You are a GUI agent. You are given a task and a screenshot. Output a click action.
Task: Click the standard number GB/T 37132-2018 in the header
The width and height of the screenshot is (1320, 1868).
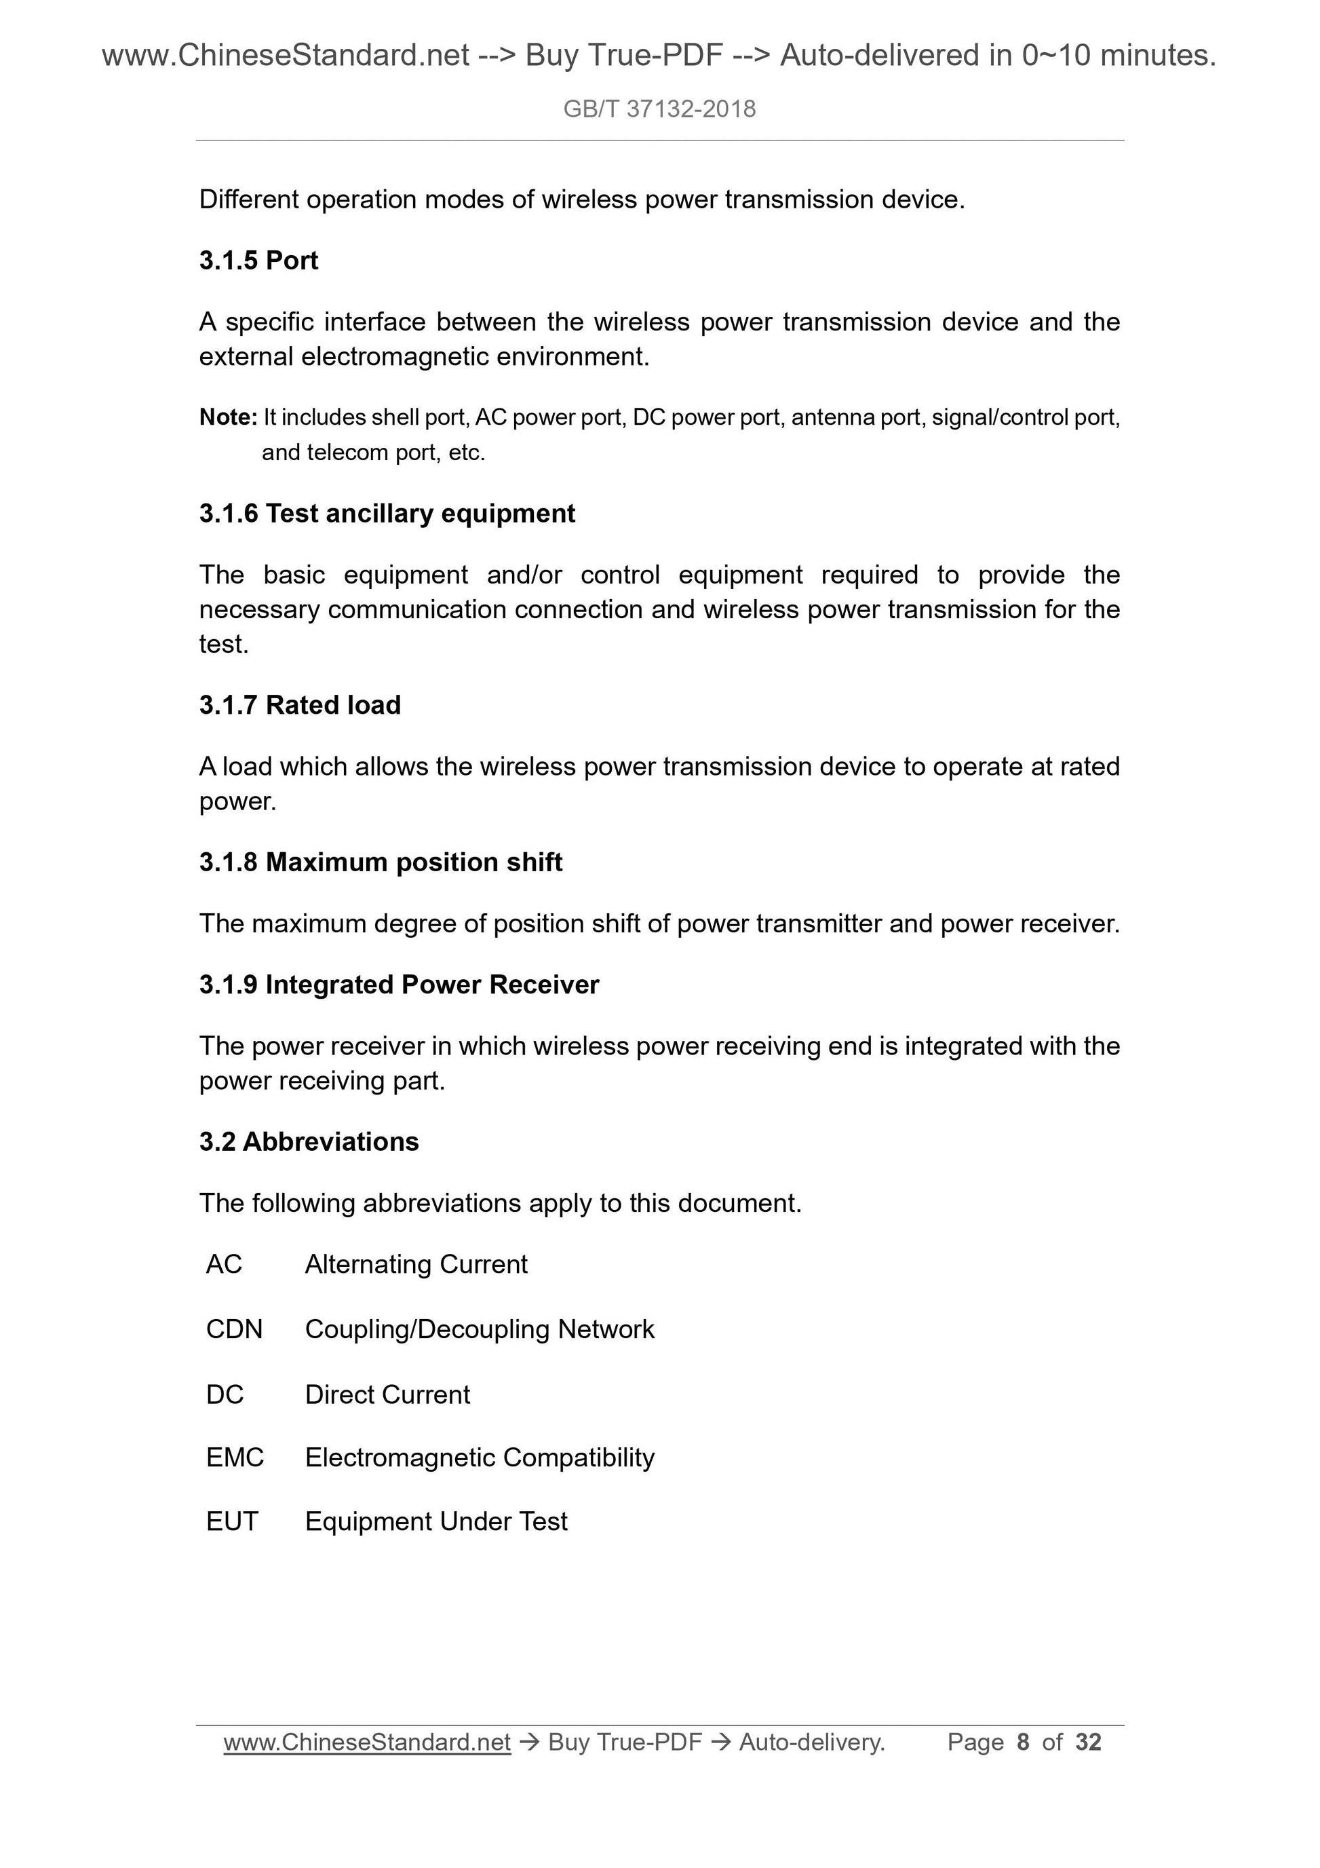659,109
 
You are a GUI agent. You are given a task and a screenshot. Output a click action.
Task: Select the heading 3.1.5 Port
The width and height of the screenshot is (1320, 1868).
258,261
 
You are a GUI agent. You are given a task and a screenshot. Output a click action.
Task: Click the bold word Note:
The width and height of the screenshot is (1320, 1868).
228,417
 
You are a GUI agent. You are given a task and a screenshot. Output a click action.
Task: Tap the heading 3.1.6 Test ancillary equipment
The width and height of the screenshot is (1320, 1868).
387,514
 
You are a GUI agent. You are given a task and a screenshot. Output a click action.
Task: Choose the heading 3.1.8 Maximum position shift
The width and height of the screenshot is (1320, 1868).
381,862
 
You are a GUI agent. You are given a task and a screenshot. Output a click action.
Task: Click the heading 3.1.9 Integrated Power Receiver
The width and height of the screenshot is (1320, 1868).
399,985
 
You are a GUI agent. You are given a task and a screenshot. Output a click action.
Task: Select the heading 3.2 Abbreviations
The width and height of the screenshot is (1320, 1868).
309,1141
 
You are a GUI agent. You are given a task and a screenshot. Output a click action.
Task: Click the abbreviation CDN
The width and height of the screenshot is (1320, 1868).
234,1329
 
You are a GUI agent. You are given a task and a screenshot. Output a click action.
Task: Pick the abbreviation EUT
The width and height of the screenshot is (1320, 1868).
232,1521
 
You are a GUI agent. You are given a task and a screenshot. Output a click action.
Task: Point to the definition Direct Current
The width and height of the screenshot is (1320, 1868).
387,1394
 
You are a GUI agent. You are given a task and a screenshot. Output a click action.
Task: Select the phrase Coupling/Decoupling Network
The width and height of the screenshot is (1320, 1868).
479,1329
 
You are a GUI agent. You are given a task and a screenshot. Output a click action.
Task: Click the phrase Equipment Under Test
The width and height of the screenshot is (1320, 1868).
436,1521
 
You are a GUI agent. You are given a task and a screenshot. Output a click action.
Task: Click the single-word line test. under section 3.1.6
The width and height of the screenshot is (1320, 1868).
224,645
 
